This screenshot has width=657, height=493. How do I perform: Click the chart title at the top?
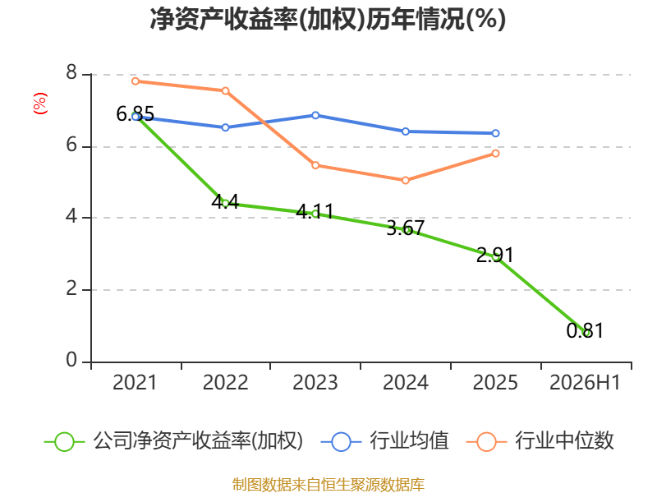coord(328,19)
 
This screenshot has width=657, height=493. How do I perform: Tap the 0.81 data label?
coord(585,331)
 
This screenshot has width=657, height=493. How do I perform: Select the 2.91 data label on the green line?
coord(495,255)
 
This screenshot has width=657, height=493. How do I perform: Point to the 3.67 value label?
coord(405,228)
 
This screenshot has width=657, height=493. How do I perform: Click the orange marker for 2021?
coord(136,81)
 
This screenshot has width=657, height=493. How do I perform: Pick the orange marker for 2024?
coord(406,180)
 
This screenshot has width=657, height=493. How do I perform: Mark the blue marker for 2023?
coord(315,115)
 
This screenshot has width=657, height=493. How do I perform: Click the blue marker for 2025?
coord(495,133)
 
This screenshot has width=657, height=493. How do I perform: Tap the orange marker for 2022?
coord(225,90)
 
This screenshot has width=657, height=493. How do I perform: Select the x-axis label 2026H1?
coord(585,383)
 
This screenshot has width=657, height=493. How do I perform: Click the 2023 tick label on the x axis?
coord(315,383)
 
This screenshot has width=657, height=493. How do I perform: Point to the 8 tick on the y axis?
coord(71,72)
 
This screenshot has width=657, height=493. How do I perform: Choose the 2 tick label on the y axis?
coord(71,288)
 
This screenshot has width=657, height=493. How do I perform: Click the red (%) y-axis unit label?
coord(39,104)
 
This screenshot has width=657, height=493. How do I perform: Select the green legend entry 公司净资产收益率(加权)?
coord(173,441)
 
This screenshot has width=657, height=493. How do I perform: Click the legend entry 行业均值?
coord(384,441)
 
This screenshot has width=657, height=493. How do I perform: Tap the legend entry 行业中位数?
coord(540,441)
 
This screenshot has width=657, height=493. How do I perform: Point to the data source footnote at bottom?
coord(328,485)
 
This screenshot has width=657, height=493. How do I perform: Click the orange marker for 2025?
coord(495,154)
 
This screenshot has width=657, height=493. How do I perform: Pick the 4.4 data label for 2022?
coord(225,201)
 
